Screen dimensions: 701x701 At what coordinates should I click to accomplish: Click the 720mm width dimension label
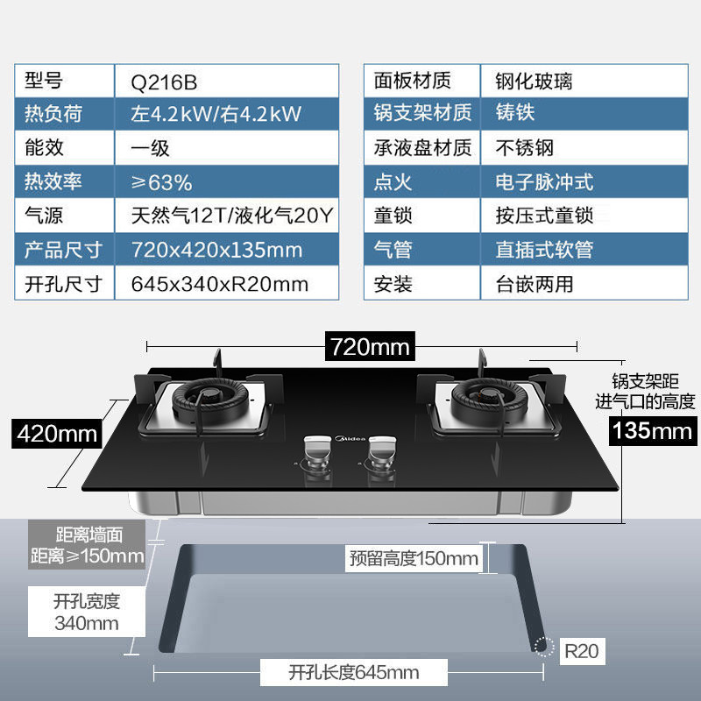click(x=368, y=346)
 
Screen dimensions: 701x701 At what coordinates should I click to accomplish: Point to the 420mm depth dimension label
click(x=58, y=433)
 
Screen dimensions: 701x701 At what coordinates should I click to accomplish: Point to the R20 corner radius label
click(x=581, y=651)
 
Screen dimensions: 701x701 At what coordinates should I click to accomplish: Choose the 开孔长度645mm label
click(x=353, y=673)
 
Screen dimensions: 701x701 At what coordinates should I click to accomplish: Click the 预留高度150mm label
click(x=414, y=558)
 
